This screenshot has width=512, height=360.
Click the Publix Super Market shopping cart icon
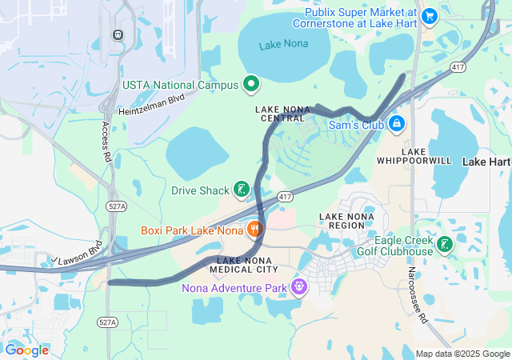tap(430, 15)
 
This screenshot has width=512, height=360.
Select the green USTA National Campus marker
tap(251, 83)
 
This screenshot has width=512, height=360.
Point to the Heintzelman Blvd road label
tap(151, 104)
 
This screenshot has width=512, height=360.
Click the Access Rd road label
tap(106, 139)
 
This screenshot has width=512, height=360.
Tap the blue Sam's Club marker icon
tap(397, 124)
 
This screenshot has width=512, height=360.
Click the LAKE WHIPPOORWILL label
tap(426, 156)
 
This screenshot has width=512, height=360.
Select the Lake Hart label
tap(486, 162)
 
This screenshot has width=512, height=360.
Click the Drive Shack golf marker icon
tap(240, 190)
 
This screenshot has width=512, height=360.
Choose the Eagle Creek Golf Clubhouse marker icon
tap(445, 244)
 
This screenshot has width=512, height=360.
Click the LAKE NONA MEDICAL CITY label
tap(248, 265)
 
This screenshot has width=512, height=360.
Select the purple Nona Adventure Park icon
tap(299, 286)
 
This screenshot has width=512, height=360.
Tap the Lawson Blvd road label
tap(80, 253)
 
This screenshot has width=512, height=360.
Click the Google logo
tap(26, 350)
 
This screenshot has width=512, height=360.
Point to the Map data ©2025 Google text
tap(462, 354)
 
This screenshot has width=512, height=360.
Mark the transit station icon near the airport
tap(118, 34)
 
